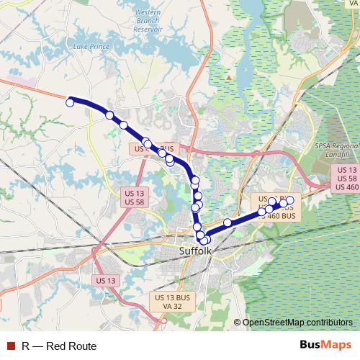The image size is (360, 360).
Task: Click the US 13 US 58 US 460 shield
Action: point(343,178)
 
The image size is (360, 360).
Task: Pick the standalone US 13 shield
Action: point(105,280)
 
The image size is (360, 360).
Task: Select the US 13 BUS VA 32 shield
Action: point(172,302)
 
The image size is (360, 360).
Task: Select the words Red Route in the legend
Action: point(71,346)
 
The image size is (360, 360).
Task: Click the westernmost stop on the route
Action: point(70,103)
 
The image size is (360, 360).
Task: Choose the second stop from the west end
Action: point(109,115)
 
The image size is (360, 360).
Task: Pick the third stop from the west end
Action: point(123,125)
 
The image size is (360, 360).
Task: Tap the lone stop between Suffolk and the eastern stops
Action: point(228,222)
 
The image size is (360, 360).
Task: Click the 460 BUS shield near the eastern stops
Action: point(277,215)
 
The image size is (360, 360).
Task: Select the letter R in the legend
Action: point(25,346)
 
